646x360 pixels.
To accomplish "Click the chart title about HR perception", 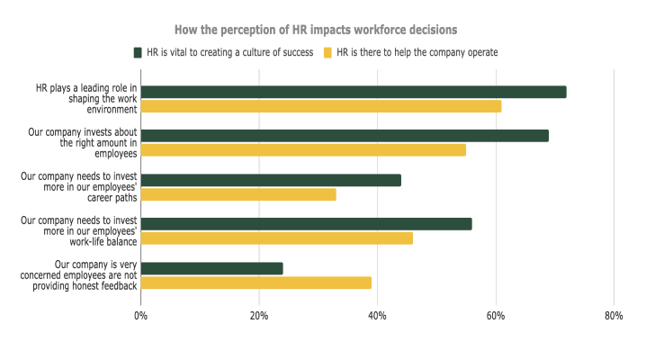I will point(322,31).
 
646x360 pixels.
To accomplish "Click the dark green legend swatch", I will point(139,52).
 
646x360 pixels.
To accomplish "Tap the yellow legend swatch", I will point(328,52).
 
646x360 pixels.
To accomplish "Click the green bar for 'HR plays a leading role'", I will point(354,92).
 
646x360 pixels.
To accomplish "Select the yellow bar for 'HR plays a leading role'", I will point(321,106).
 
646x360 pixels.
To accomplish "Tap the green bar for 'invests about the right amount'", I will point(345,136).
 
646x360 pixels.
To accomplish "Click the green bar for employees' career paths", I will point(271,180).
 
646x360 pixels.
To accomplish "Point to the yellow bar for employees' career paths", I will point(238,194).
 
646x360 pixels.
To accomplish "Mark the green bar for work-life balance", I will point(306,224).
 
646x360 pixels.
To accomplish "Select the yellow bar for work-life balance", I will point(277,238).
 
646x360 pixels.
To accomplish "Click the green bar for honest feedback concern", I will point(212,268).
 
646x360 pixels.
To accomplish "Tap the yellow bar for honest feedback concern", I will point(256,283).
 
